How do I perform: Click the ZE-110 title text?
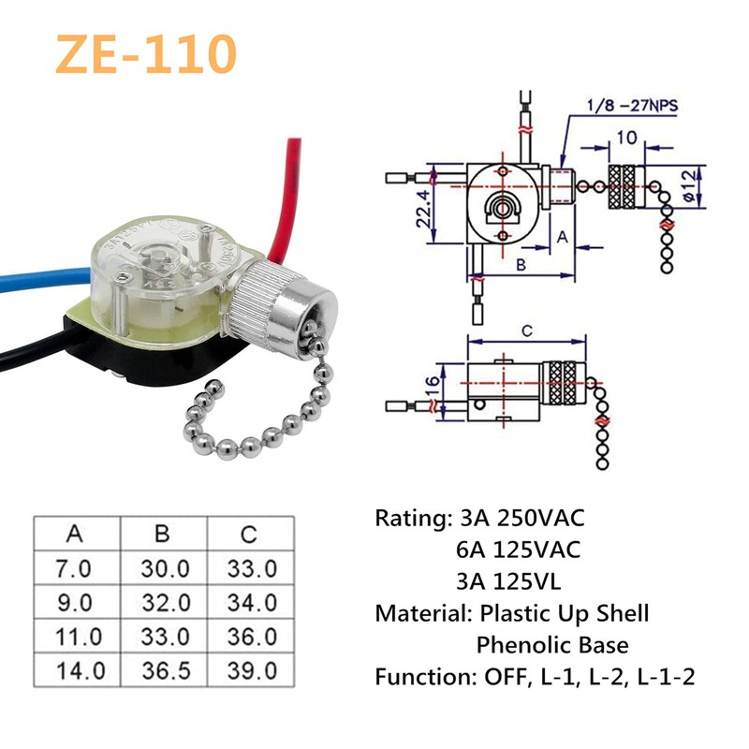(x=144, y=53)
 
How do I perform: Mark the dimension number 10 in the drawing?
(x=626, y=139)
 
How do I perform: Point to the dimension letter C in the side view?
(x=526, y=330)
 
